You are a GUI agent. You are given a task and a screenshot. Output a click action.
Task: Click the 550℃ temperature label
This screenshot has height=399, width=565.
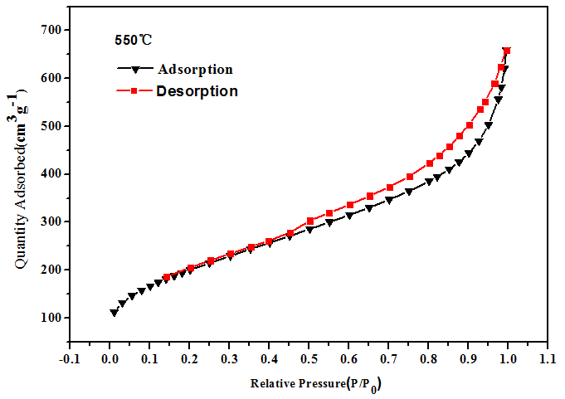[x=134, y=39]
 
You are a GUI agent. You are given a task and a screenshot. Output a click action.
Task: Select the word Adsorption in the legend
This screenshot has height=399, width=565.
[x=195, y=69]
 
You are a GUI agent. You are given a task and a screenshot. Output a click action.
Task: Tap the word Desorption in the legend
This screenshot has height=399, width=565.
[x=197, y=91]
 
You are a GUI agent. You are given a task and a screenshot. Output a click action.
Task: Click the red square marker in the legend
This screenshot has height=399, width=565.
[x=132, y=90]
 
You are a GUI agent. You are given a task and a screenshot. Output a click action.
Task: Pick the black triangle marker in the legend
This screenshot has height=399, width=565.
[x=133, y=70]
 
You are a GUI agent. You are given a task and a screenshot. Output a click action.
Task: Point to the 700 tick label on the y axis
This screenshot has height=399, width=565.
[x=51, y=30]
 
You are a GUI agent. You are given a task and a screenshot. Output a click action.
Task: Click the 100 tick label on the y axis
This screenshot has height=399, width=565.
[x=51, y=318]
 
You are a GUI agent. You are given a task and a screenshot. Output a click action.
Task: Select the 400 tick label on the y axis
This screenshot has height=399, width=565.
[x=51, y=174]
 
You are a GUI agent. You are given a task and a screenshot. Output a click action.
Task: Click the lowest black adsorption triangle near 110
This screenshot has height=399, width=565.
[x=114, y=313]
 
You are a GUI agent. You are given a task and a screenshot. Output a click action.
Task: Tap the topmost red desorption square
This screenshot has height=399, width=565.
[x=507, y=51]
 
